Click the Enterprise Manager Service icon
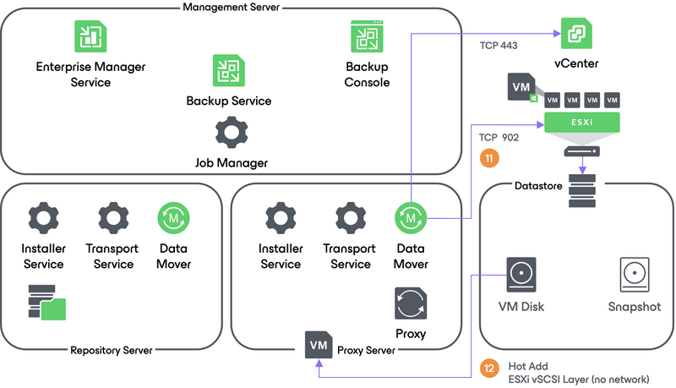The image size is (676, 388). point(85,36)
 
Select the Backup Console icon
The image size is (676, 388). point(368,36)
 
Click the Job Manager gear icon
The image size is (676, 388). point(231,132)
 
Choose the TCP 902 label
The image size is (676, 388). point(499,136)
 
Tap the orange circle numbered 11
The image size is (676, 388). point(488,157)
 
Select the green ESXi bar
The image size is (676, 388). point(582,123)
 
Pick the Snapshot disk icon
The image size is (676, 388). point(634,274)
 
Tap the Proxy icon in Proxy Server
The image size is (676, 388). point(411,303)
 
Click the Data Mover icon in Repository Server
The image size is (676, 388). point(174,218)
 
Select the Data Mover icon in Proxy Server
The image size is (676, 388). point(411,218)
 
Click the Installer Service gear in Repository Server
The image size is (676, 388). point(43,218)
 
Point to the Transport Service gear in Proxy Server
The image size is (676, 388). point(350,218)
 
